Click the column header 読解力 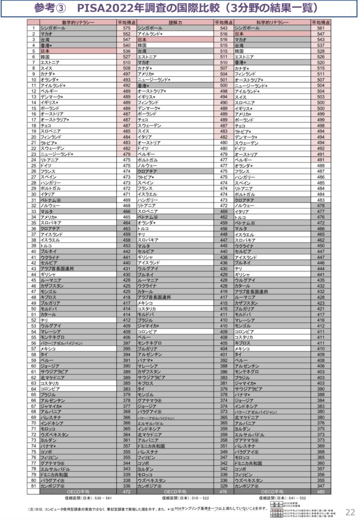[x=174, y=23]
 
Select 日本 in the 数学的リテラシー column [x=45, y=51]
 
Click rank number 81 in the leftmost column [x=33, y=485]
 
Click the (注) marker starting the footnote [x=31, y=509]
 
